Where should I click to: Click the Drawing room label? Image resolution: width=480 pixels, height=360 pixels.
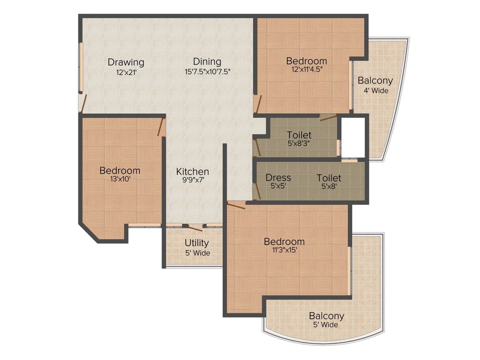pos(126,62)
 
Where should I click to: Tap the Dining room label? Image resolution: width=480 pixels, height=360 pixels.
pos(207,62)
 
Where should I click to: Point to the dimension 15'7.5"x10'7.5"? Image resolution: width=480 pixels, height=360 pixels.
pos(207,72)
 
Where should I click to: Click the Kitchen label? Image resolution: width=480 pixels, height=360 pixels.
pos(192,172)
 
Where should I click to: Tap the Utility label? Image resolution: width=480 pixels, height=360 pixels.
pos(196,243)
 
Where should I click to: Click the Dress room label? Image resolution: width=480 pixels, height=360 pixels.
pos(278,178)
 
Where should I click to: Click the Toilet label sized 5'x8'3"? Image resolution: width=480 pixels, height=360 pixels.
pos(299,135)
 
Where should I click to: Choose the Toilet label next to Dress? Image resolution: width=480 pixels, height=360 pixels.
pos(329,178)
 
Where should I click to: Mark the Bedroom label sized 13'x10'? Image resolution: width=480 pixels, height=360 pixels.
pos(120,171)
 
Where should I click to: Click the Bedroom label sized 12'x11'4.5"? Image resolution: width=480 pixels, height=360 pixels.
pos(307,61)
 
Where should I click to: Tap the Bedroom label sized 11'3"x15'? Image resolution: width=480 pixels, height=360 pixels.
pos(284,242)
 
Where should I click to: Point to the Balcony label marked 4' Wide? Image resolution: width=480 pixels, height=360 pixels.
pos(375,81)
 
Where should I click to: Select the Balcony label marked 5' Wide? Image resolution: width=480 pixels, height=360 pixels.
pos(326,316)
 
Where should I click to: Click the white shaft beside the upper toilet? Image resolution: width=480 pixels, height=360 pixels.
pos(352,137)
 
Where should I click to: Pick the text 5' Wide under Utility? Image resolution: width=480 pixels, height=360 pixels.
pos(197,253)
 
